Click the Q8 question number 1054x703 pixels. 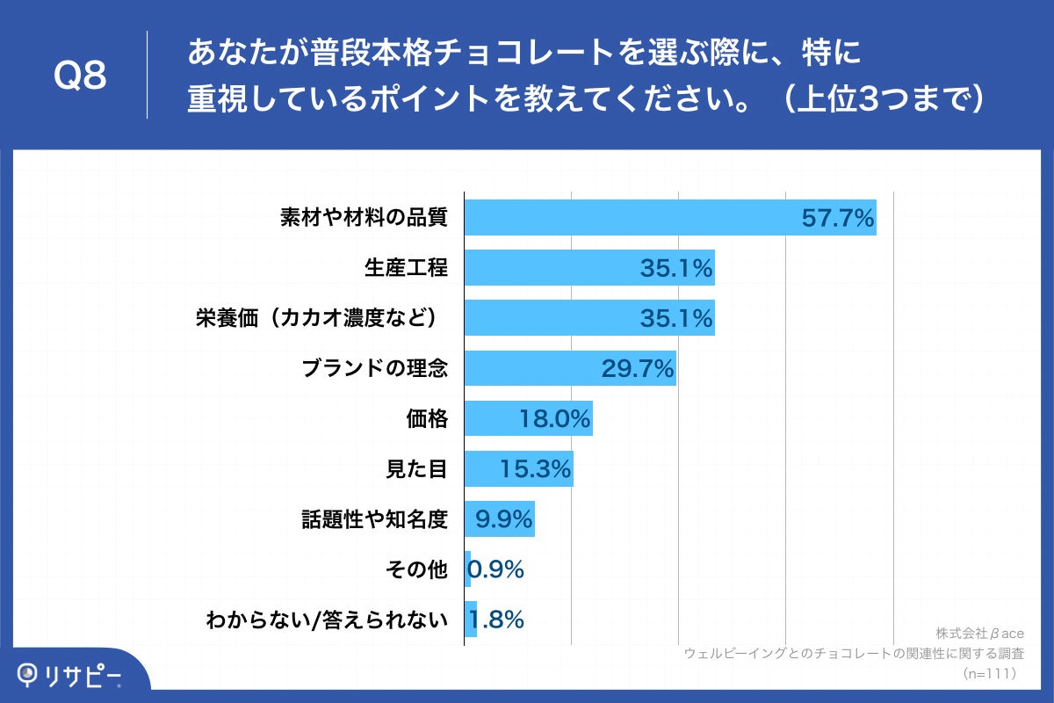[x=80, y=76]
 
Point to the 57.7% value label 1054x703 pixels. [x=838, y=218]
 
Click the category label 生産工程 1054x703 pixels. [x=406, y=268]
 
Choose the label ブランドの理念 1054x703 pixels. [x=375, y=368]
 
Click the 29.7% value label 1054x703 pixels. [x=638, y=368]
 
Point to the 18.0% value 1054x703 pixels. [x=554, y=419]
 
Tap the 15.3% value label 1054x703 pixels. [x=536, y=469]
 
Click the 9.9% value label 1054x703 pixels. [x=504, y=519]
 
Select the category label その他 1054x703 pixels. [x=416, y=569]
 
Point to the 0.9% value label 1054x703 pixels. [x=497, y=569]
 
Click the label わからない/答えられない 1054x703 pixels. [x=327, y=620]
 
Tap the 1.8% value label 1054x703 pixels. [x=498, y=620]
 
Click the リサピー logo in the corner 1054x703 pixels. [x=70, y=675]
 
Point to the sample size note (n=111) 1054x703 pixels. [x=987, y=673]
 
